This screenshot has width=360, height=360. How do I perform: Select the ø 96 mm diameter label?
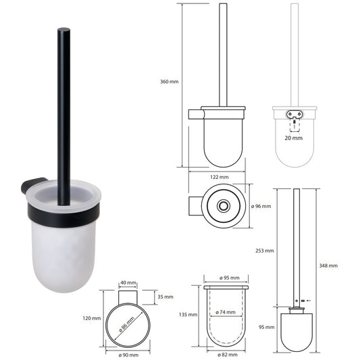click(x=260, y=206)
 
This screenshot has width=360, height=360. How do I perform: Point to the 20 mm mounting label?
click(x=294, y=137)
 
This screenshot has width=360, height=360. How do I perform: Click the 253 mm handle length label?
click(x=265, y=250)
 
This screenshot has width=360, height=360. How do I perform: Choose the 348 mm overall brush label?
click(x=328, y=265)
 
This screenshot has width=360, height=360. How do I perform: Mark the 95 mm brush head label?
click(x=265, y=327)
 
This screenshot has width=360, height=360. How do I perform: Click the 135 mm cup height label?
click(x=188, y=314)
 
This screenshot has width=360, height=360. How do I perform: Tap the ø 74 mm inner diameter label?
click(x=226, y=312)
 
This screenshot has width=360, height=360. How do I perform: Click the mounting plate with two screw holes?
click(x=294, y=114)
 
